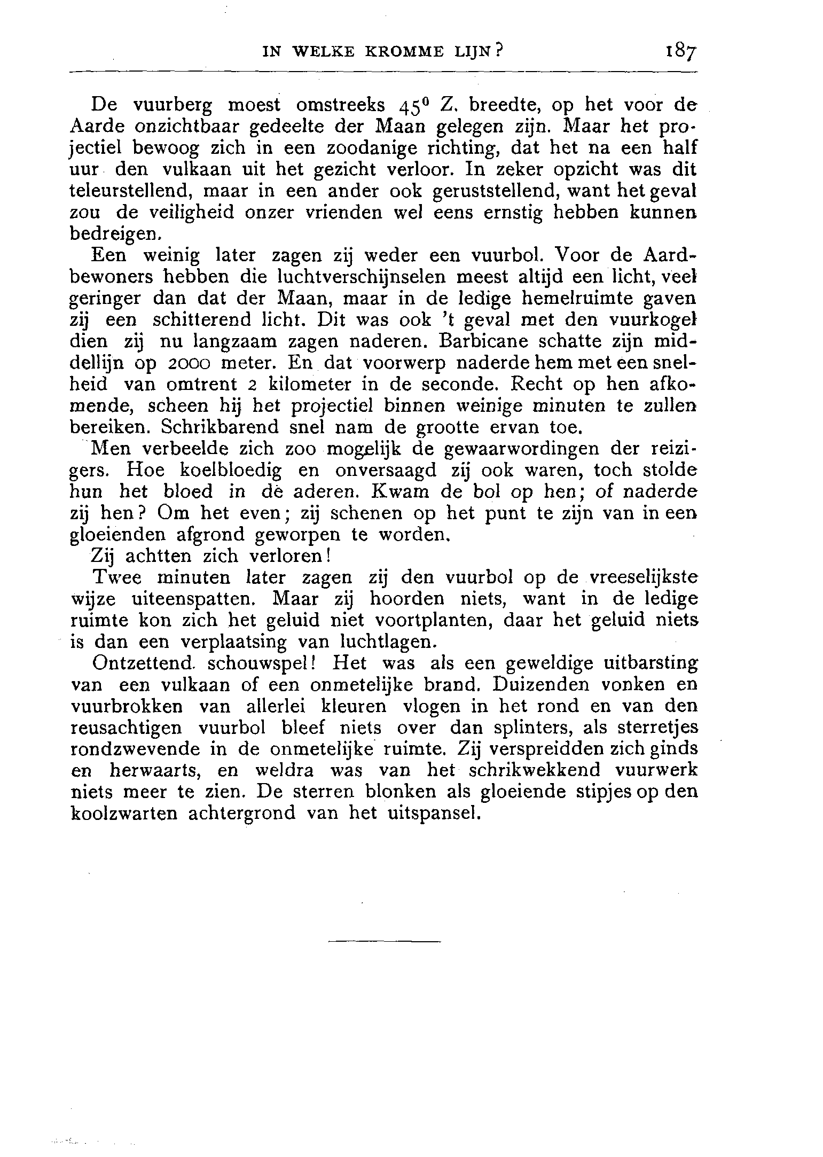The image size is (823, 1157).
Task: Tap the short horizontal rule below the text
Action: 384,941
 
